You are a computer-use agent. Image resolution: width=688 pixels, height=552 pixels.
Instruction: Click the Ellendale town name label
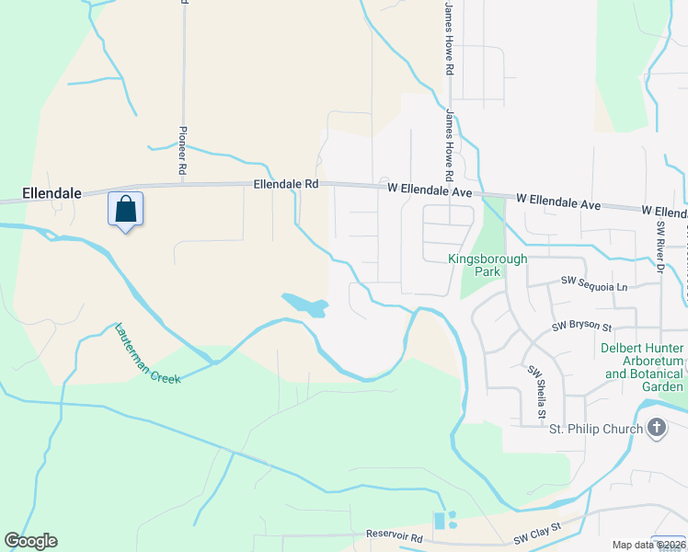tap(52, 194)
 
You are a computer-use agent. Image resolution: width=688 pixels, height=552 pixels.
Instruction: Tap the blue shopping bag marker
tap(126, 210)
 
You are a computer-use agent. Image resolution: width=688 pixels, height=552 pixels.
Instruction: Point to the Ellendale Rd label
tap(286, 184)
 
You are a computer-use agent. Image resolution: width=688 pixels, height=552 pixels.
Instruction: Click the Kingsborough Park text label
tap(487, 266)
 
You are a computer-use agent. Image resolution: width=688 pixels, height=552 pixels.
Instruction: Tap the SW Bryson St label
tap(581, 326)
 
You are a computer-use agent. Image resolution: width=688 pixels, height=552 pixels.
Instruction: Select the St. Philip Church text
tap(594, 429)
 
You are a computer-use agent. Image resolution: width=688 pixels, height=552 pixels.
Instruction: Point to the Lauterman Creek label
tap(148, 353)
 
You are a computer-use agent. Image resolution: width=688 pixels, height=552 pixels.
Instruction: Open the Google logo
tap(30, 541)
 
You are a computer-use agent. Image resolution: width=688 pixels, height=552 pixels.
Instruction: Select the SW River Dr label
tap(659, 247)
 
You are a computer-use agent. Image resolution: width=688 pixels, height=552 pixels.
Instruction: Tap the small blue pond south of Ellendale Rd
tap(304, 305)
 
